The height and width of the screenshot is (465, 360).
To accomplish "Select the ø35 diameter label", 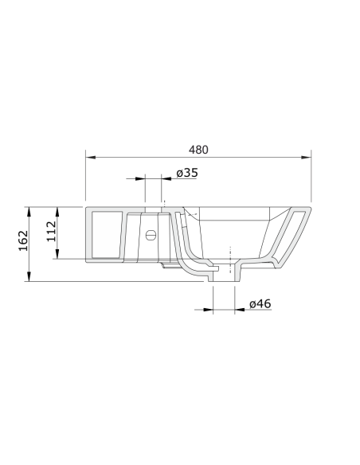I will pyautogui.click(x=187, y=173).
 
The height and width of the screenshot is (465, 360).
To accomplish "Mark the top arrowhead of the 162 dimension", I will pyautogui.click(x=30, y=209).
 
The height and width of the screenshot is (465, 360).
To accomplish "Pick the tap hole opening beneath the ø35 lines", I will pyautogui.click(x=153, y=210).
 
